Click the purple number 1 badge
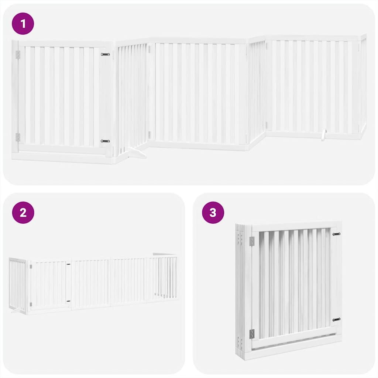tap(23, 24)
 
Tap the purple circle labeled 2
tap(23, 213)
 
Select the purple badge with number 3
tap(213, 213)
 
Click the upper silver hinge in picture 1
tap(18, 55)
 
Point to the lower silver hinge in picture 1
tap(18, 137)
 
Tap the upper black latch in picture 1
tap(105, 55)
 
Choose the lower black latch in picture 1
tap(105, 141)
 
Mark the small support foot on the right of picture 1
tap(323, 135)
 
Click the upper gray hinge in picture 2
tap(31, 267)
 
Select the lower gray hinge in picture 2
tap(31, 304)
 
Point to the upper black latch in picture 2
tap(68, 264)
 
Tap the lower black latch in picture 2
tap(68, 301)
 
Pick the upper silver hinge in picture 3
tap(252, 241)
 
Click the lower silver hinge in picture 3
tap(252, 334)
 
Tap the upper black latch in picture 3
tap(336, 234)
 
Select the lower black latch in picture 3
tap(336, 320)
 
